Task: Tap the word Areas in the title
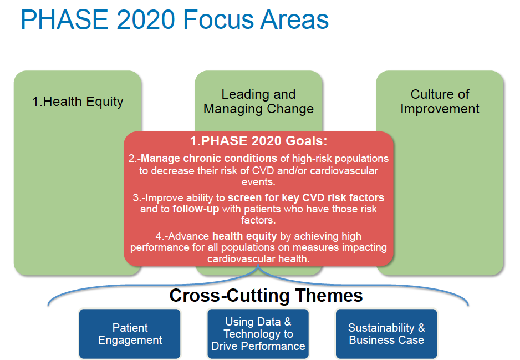coord(294,19)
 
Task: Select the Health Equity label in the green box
coord(78,102)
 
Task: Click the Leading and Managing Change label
coord(258,102)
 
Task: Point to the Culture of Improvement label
coord(440,102)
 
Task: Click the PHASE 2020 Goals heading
coord(259,141)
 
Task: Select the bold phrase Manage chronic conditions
coord(209,158)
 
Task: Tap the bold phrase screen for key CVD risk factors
coord(306,198)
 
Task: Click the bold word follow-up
coord(196,209)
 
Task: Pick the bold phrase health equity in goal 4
coord(244,236)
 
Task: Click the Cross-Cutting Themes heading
coord(266,295)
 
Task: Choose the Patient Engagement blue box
coord(130,334)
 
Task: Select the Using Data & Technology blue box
coord(258,334)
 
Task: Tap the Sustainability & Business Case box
coord(386,334)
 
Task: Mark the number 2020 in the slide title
coord(146,19)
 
